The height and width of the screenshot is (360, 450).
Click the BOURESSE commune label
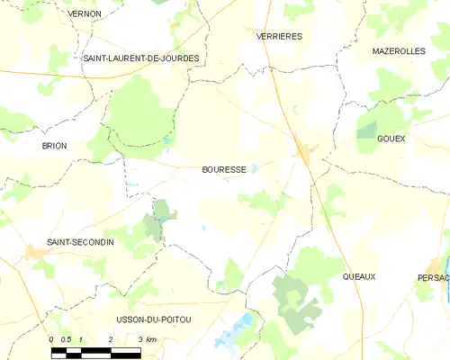224,169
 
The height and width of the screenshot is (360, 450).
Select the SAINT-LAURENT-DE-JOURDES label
141,58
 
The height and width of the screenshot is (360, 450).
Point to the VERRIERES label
279,36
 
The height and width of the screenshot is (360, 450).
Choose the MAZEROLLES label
399,51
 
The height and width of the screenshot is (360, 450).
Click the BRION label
54,145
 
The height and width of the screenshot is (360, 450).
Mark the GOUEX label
391,139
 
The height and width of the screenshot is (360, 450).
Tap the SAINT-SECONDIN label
81,242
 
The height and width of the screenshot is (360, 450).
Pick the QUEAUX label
359,276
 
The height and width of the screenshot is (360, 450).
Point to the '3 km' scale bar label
147,339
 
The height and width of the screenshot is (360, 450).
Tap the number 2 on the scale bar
111,339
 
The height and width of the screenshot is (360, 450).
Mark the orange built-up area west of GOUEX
304,153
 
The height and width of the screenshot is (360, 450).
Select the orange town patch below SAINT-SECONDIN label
38,254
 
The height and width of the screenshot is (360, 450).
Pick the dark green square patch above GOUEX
365,131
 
